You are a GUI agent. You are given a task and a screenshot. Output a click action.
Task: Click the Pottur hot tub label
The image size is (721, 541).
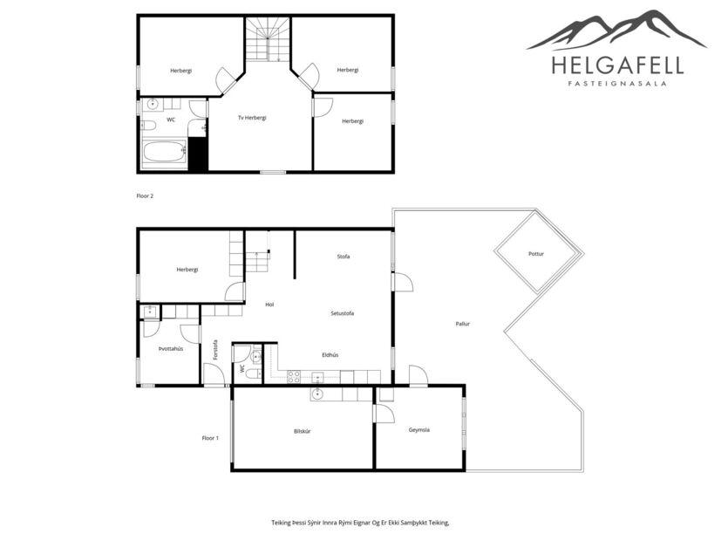tap(536, 254)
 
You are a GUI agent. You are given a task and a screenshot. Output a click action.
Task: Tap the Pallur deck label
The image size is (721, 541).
tap(463, 324)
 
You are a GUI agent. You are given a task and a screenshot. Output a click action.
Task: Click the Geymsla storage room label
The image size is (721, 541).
tap(419, 430)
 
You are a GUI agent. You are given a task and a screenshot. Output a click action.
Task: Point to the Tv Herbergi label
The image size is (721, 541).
tap(252, 118)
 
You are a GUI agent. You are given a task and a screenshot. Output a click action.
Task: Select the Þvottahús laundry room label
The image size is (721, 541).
tap(170, 348)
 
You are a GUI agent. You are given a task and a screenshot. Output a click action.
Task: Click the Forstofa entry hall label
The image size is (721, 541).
tap(215, 349)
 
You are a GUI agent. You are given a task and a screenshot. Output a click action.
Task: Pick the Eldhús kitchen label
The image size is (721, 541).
tap(330, 354)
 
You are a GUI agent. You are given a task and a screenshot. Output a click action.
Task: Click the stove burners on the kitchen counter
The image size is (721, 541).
tap(295, 376)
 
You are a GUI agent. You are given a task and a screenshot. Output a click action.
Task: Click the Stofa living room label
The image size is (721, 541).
tap(343, 257)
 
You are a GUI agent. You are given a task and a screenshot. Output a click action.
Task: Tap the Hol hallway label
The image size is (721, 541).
tap(269, 304)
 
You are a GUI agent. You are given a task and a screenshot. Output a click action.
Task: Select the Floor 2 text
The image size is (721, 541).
tap(145, 196)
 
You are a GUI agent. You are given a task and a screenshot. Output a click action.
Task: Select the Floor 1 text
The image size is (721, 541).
tap(210, 437)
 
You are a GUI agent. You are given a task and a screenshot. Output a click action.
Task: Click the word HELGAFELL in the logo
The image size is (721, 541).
tap(617, 65)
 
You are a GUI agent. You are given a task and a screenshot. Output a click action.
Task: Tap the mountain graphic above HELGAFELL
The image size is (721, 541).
tap(616, 31)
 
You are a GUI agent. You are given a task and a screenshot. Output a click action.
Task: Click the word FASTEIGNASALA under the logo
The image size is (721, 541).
tap(617, 85)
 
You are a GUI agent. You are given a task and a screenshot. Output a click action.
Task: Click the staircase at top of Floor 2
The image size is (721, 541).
tap(266, 39)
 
